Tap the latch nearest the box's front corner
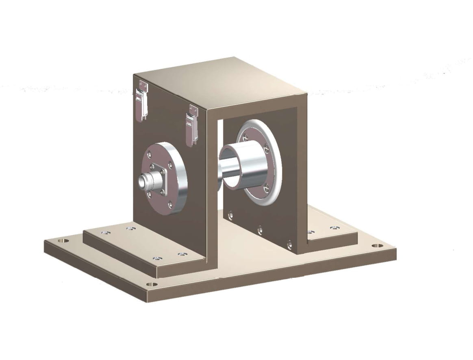pyautogui.click(x=191, y=124)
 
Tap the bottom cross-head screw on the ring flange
pyautogui.click(x=266, y=188)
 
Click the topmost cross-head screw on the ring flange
pyautogui.click(x=247, y=138)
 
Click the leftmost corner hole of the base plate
pyautogui.click(x=63, y=240)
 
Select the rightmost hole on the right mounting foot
pyautogui.click(x=335, y=228)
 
